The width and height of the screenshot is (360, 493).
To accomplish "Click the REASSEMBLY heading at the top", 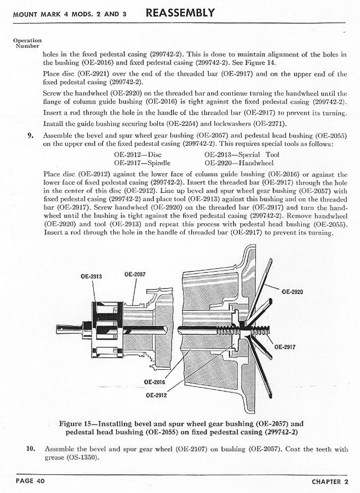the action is pos(180,13).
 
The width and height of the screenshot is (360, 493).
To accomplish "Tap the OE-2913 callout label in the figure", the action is pos(91,277).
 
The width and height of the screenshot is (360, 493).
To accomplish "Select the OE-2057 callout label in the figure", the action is pos(135,274).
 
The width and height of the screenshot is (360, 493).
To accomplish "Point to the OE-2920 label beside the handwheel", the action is pos(293,292).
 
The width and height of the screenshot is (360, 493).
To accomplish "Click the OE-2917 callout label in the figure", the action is pos(285,347).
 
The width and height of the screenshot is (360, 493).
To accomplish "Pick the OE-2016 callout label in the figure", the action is pos(155,382).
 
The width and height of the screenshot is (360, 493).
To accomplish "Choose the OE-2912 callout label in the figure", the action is pos(156,395).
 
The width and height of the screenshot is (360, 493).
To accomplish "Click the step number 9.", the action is pos(30,136).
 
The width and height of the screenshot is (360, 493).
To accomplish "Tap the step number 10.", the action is pos(31,449).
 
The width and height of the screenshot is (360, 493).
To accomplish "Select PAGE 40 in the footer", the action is pos(30,481).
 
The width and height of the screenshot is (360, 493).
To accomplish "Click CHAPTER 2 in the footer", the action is pos(330,481).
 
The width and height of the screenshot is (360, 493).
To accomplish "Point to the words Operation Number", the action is pos(27,43).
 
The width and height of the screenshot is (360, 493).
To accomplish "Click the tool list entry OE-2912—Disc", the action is pos(138,154).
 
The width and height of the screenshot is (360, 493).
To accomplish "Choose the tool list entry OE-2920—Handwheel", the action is pos(239,163).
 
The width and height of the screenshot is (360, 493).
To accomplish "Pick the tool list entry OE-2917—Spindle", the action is pos(142,163).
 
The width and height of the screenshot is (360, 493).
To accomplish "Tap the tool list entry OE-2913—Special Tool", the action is pos(242,154).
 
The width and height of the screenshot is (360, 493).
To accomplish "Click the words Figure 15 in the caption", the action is pos(74,423).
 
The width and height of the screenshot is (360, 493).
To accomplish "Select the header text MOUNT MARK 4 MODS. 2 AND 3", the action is pos(70,14).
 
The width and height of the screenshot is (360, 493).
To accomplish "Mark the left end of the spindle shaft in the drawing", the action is pos(57,329).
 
